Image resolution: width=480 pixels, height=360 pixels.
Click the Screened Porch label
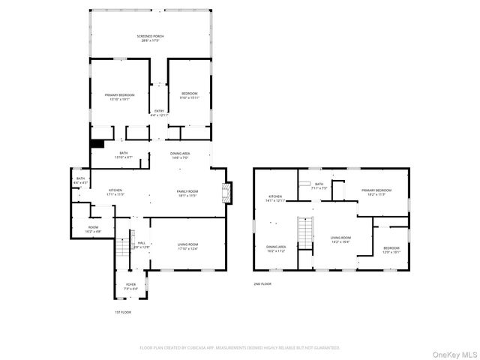pos(150,38)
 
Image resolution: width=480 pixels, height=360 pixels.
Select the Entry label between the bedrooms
pos(159,113)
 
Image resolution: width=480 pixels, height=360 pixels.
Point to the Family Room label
pos(187,193)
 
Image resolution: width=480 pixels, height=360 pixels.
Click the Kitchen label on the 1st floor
pos(115,192)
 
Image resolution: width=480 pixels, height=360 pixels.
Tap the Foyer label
pos(130,286)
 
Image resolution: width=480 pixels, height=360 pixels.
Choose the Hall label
pos(141,245)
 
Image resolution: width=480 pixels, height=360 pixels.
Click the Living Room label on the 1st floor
pos(187,246)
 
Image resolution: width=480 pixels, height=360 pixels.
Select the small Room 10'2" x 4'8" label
pos(93,229)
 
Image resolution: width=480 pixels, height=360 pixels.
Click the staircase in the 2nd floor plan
pos(304,233)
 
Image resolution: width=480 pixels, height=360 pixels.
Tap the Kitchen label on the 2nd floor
pos(275,199)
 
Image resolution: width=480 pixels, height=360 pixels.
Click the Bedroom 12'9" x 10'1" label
pos(391,250)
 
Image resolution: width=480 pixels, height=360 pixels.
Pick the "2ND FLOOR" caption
pos(262,284)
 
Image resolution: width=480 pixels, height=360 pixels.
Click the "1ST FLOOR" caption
pos(122,311)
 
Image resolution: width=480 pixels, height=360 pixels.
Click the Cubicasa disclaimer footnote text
pos(240,348)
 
